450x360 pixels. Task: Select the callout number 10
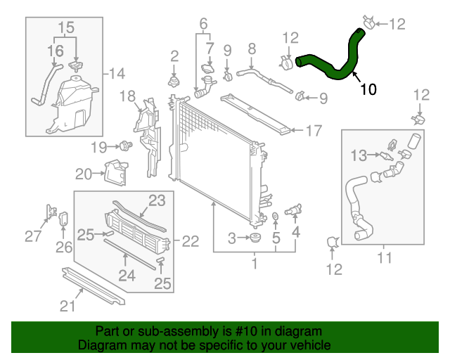click(x=368, y=89)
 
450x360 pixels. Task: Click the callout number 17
click(x=313, y=130)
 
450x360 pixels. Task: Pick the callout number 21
click(x=67, y=305)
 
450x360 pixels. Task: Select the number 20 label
click(x=84, y=174)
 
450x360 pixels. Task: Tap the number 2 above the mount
click(x=174, y=56)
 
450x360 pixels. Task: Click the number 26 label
click(x=64, y=247)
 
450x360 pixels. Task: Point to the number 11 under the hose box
click(x=384, y=258)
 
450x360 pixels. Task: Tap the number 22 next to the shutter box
click(x=191, y=241)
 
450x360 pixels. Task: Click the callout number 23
click(x=156, y=200)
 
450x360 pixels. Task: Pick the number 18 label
click(x=127, y=95)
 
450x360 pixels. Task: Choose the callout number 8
click(x=252, y=49)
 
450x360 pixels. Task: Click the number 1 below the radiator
click(x=255, y=264)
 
